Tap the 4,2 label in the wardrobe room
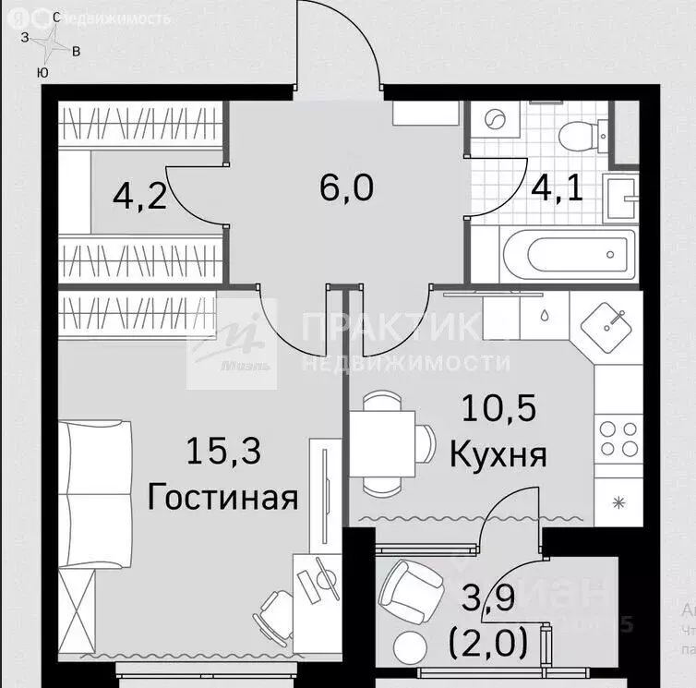(x=139, y=196)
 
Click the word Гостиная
(x=222, y=498)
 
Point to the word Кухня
(x=498, y=453)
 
